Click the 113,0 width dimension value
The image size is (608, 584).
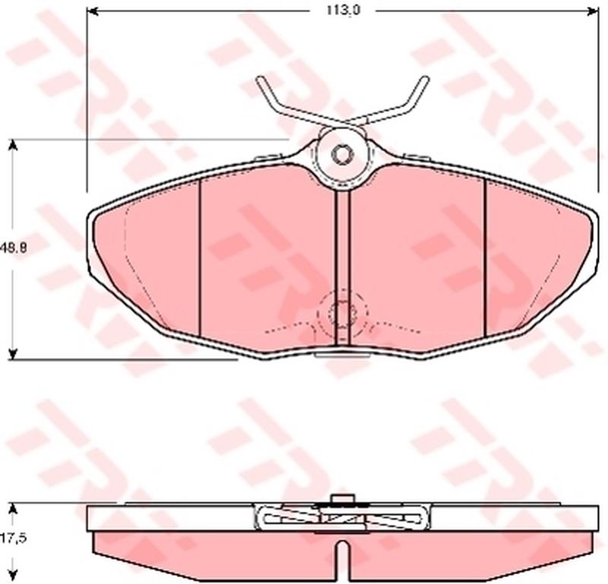click(x=344, y=11)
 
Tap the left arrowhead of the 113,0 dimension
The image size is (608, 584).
click(x=92, y=11)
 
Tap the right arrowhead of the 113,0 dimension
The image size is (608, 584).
click(x=594, y=11)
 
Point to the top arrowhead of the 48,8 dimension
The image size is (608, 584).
click(x=13, y=144)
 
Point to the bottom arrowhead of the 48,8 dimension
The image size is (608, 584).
click(x=13, y=354)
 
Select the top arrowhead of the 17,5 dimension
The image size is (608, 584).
click(x=13, y=508)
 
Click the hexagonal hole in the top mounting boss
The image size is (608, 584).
click(x=343, y=155)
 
